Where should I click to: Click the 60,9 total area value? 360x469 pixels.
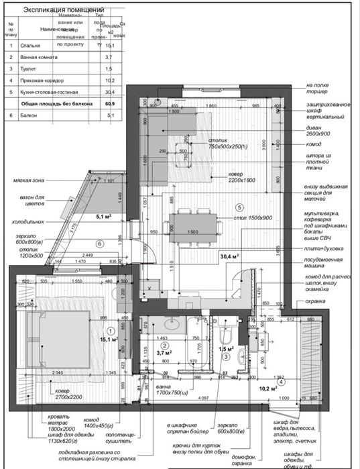[111, 105]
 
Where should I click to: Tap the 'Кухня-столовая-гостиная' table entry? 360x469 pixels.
[50, 93]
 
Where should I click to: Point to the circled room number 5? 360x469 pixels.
[239, 207]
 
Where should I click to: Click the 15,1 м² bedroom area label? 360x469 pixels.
[109, 340]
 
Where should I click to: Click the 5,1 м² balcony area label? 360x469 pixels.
[104, 217]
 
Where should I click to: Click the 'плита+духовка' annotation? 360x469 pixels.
[324, 249]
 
